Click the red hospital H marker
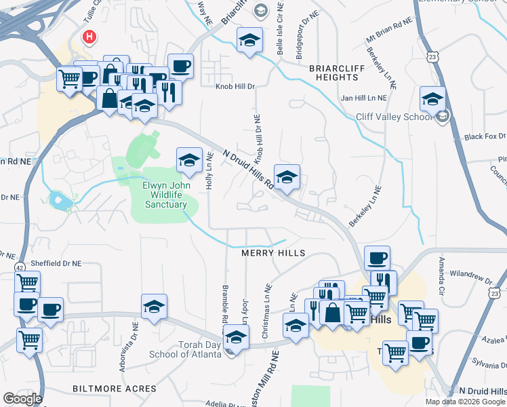tap(88, 37)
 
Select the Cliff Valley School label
tap(394, 117)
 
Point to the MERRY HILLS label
tap(274, 253)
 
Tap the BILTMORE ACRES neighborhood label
tap(115, 389)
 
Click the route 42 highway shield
tap(21, 265)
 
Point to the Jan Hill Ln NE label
tap(363, 98)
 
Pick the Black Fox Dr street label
tap(486, 136)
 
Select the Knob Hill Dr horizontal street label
tap(235, 87)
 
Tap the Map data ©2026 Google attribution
tap(465, 402)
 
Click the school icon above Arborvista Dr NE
tap(154, 307)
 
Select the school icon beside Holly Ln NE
tap(189, 159)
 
